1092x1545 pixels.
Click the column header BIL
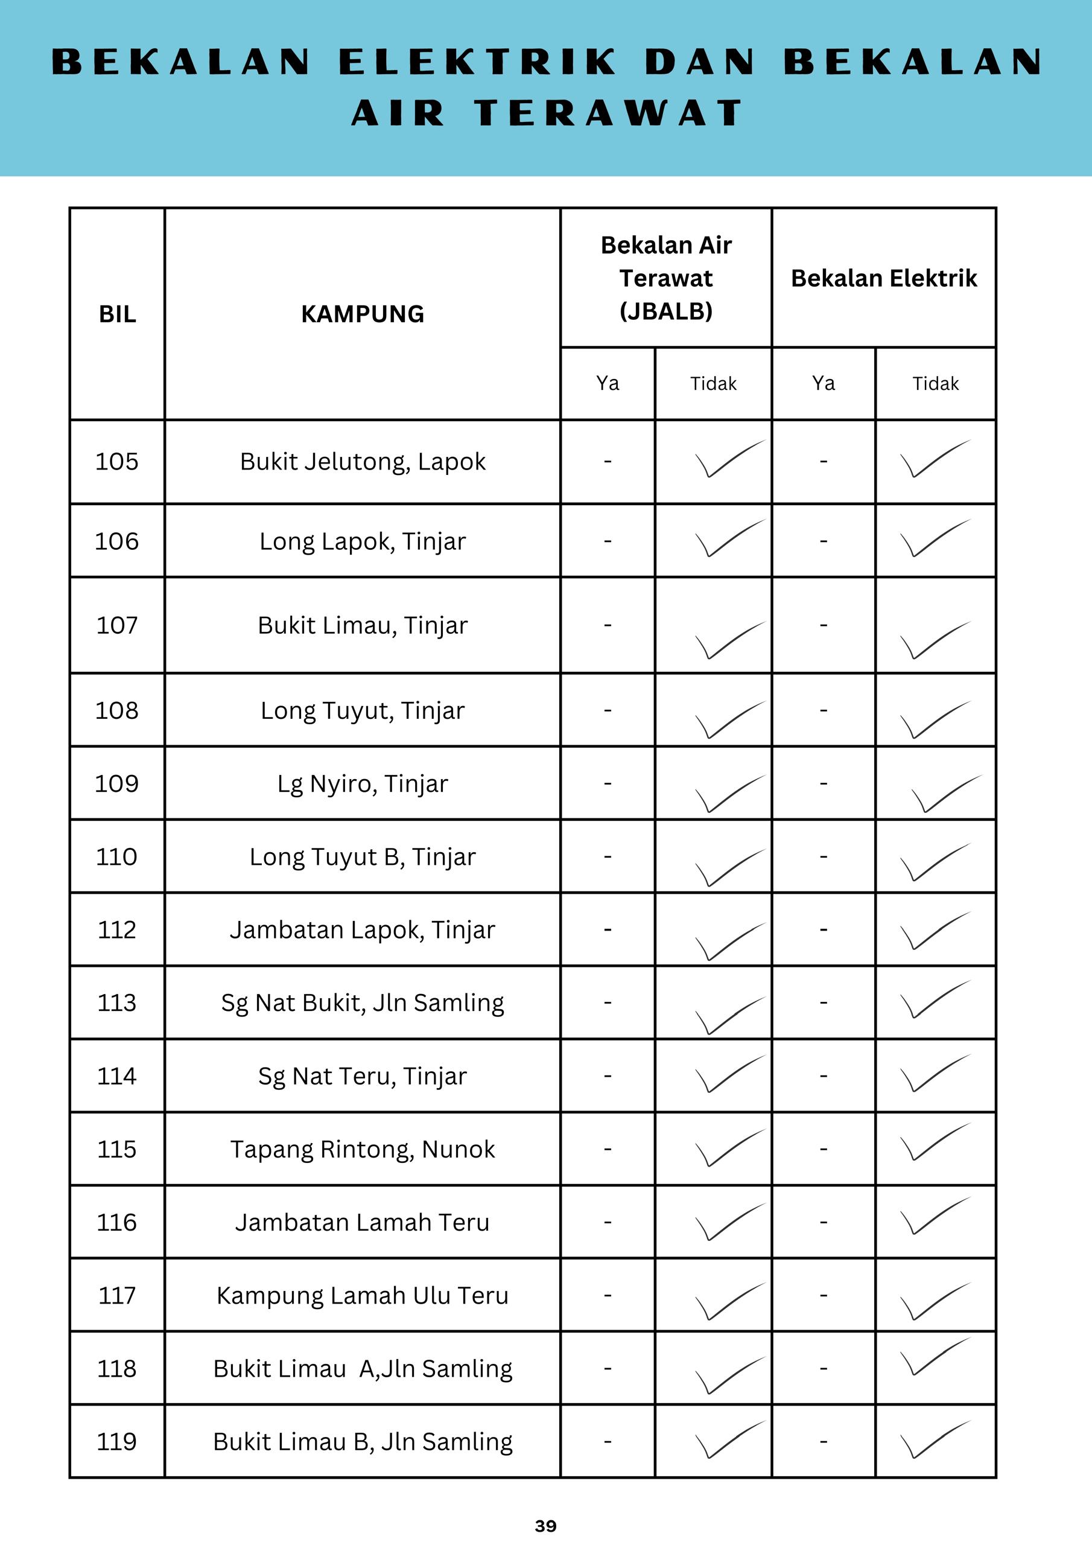coord(117,314)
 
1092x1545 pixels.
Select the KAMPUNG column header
coord(362,314)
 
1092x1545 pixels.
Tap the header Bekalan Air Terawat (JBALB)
coord(665,277)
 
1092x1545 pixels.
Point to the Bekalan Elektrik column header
coord(883,278)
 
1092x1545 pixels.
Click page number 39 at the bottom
coord(545,1526)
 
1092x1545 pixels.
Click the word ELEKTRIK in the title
coord(478,62)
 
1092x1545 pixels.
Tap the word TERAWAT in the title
coord(609,112)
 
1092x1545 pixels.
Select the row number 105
coord(116,461)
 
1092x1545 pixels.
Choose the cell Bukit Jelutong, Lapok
coord(362,462)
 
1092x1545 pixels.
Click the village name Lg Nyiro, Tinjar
coord(362,783)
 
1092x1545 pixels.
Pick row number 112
coord(116,929)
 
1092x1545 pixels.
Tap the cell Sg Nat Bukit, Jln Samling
coord(362,1002)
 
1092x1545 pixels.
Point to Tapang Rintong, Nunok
coord(362,1148)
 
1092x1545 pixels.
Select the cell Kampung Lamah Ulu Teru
coord(362,1295)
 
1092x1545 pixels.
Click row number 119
coord(116,1441)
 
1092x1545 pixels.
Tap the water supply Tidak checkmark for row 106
coord(729,538)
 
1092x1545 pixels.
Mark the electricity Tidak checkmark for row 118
coord(935,1355)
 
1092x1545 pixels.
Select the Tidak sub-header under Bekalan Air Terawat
coord(713,384)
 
